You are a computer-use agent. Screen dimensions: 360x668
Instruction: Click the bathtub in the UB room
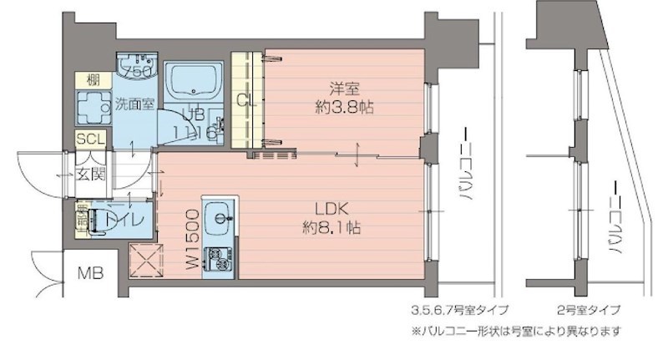[193, 83]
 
